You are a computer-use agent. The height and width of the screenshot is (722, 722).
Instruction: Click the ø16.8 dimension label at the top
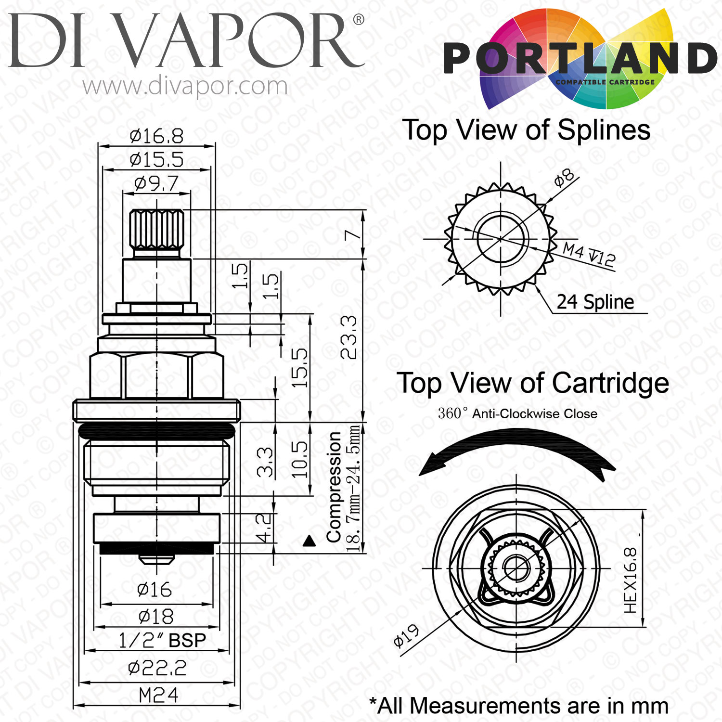pos(156,136)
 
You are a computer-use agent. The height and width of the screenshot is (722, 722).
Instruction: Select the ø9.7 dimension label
pos(156,183)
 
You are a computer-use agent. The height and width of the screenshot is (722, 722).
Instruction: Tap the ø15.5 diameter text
pos(156,159)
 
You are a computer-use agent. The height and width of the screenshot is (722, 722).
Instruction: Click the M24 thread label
pos(158,695)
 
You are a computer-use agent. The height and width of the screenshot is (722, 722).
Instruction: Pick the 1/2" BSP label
pos(162,640)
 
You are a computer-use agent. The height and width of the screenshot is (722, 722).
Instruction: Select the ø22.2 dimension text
pos(157,668)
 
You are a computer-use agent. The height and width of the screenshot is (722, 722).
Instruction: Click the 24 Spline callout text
pos(595,302)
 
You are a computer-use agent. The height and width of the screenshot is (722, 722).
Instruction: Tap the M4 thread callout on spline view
pos(589,254)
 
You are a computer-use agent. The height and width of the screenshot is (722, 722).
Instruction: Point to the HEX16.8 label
pos(630,580)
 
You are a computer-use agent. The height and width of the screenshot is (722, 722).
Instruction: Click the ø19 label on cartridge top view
pos(406,636)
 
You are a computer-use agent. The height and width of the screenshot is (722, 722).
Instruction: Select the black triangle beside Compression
pos(309,541)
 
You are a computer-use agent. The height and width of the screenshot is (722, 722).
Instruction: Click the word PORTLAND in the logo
pos(580,58)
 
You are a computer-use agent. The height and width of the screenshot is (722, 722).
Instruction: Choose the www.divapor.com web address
pos(185,86)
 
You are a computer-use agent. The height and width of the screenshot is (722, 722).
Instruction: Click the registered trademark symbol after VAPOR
pos(359,20)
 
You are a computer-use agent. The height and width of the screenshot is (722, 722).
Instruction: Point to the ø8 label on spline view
pos(564,178)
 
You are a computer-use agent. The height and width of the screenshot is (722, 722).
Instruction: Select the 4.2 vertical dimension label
pos(263,528)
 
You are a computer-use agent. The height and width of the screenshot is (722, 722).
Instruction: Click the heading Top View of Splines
pos(527,130)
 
